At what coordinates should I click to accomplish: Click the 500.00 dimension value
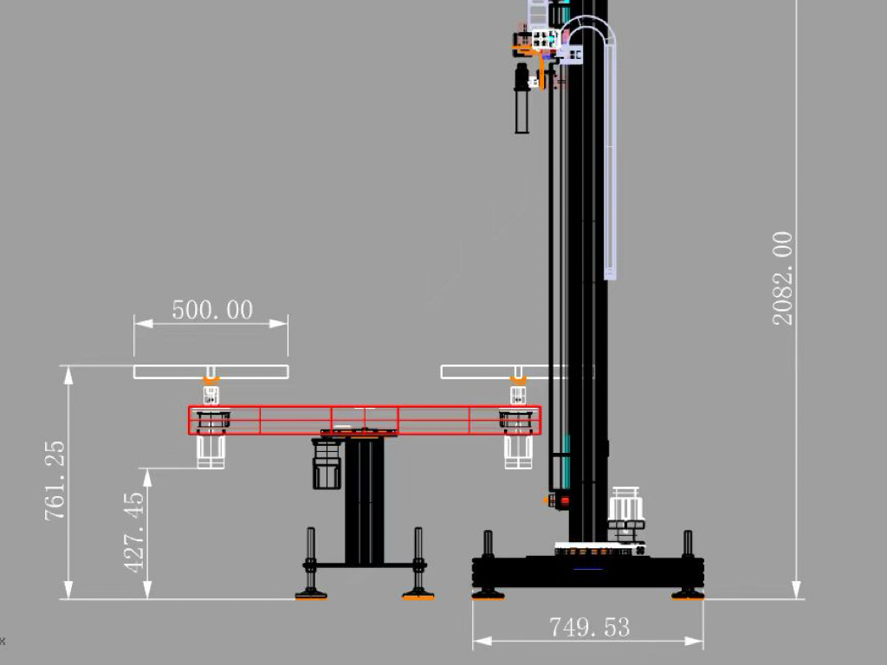point(212,310)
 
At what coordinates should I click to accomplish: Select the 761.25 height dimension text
point(55,481)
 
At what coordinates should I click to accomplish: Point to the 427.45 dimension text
point(134,533)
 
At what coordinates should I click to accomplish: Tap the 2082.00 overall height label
point(783,278)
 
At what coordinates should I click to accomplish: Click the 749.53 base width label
point(589,627)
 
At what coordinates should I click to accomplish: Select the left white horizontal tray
point(211,371)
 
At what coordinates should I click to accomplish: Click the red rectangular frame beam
point(365,420)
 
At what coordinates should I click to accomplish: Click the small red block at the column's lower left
point(564,500)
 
